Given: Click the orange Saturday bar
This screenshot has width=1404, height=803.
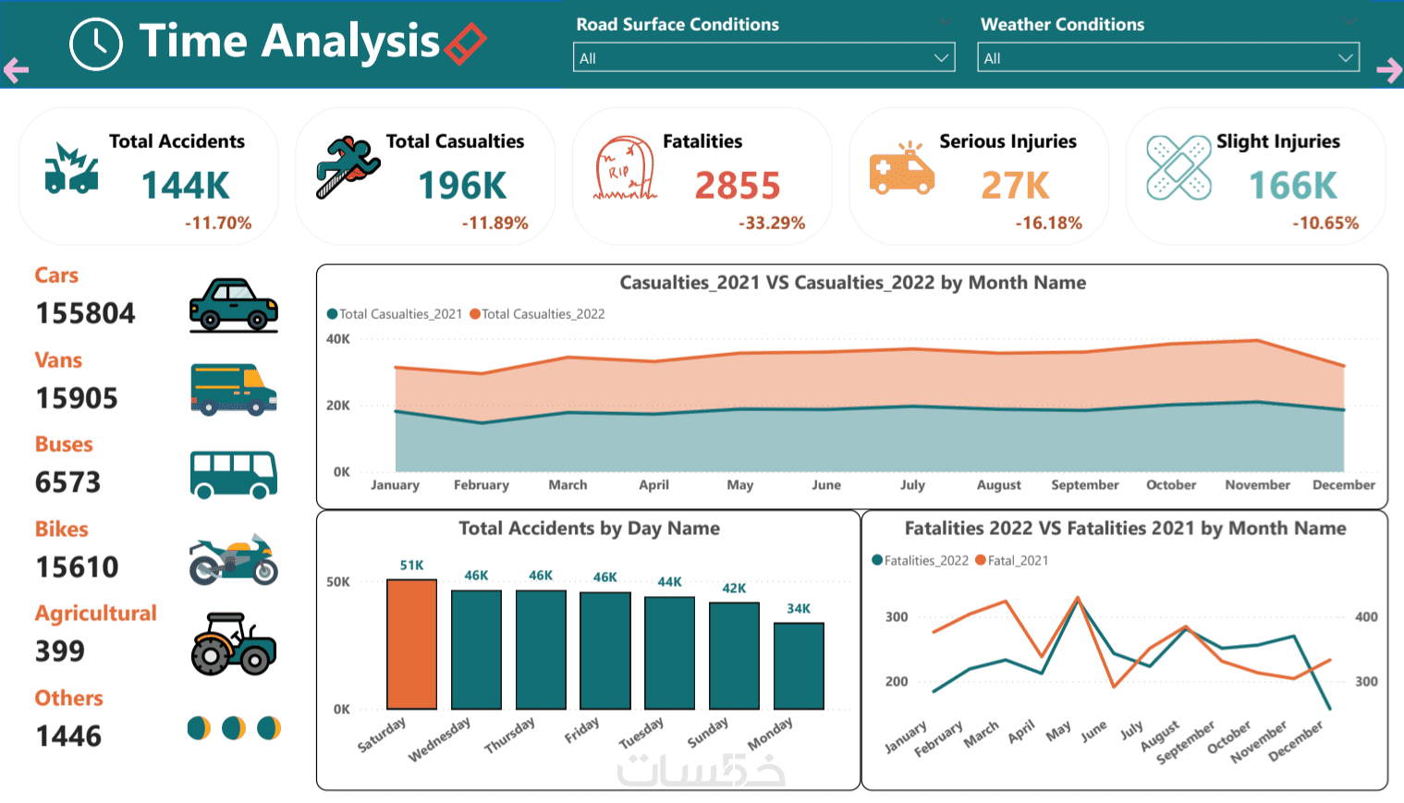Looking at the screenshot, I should (x=411, y=644).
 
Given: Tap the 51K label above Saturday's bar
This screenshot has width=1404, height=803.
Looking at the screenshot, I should (x=412, y=566).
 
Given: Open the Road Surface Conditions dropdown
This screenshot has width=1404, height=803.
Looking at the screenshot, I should (x=763, y=57).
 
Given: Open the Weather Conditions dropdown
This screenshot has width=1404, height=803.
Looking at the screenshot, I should (x=1167, y=57).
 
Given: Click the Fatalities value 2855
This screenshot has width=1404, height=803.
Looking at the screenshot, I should (x=738, y=186).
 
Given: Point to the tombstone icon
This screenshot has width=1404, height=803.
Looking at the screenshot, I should (x=625, y=169).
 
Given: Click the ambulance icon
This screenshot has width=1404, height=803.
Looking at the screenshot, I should (x=901, y=168).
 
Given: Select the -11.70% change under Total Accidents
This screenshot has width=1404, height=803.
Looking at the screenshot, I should (x=218, y=223).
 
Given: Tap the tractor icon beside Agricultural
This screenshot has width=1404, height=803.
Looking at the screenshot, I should (x=233, y=643).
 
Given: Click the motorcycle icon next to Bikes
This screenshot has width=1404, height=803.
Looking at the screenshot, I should (x=233, y=559).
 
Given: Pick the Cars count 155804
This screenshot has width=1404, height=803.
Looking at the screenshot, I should (x=85, y=313).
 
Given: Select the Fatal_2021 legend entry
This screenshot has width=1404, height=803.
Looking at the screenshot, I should (x=1018, y=560).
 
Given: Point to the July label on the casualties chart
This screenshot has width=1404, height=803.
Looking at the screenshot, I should (x=912, y=484).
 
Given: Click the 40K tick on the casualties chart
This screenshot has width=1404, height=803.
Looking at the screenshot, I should (x=338, y=339).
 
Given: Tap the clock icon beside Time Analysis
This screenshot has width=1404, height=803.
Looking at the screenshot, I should (x=96, y=43).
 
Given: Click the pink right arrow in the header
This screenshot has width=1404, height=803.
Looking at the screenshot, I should (x=1388, y=69).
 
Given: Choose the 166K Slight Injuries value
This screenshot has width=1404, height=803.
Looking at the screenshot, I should (x=1293, y=186).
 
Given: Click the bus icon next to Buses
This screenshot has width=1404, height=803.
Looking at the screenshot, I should (x=233, y=474).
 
